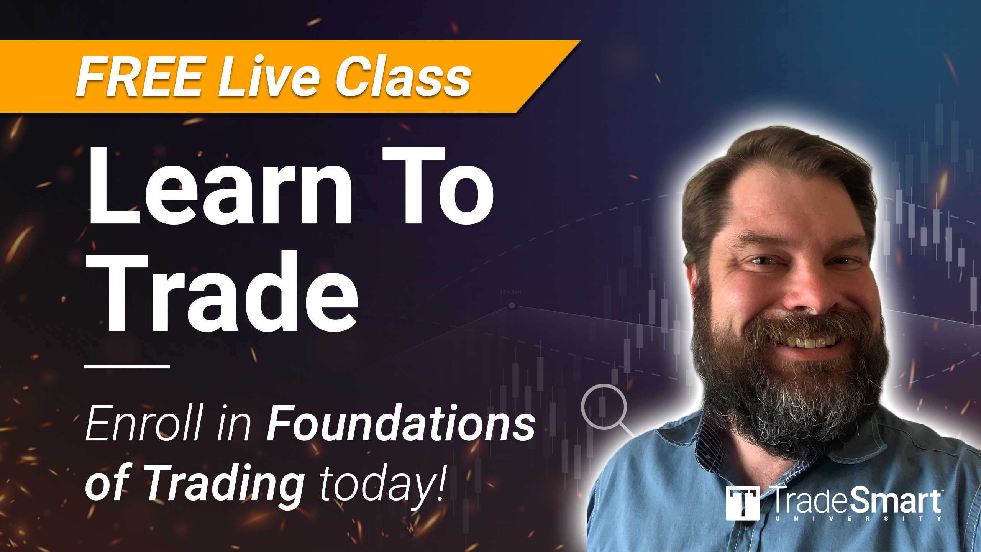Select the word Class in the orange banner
coord(404,76)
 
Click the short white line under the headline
coord(127,366)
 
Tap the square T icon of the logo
coord(743,503)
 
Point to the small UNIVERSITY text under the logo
coord(858,519)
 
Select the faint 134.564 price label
coord(510,292)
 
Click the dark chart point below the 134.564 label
coord(512,306)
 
